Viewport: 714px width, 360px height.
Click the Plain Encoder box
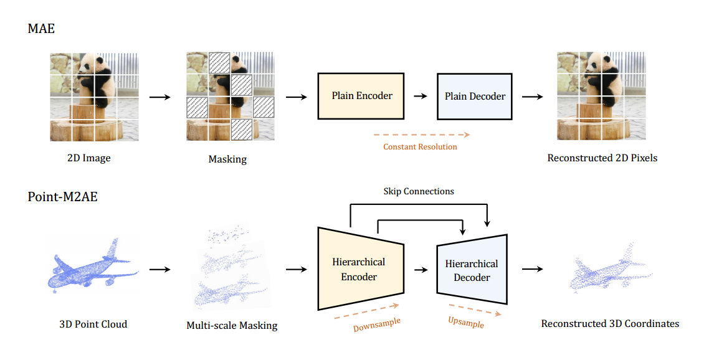[x=361, y=96]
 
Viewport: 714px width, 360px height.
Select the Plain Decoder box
[x=474, y=97]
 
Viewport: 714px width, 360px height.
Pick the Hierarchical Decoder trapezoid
[x=471, y=270]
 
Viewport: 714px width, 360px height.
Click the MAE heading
[x=41, y=28]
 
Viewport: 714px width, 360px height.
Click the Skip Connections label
[x=418, y=191]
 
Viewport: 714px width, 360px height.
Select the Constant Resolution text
[x=420, y=147]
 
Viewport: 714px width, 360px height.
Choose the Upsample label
[x=465, y=322]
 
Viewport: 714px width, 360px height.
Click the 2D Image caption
[x=88, y=158]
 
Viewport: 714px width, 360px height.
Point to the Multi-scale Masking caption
[x=232, y=325]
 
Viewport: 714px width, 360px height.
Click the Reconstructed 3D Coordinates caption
[x=610, y=323]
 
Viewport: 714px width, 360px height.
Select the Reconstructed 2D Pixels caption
[x=602, y=158]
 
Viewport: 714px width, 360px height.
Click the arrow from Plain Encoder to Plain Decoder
[x=421, y=97]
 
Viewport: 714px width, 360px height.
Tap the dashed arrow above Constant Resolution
[x=421, y=134]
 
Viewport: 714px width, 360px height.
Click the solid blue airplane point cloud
[x=91, y=265]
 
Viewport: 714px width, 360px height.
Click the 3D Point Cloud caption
[x=93, y=324]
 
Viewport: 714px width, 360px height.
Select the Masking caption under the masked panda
[x=227, y=159]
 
